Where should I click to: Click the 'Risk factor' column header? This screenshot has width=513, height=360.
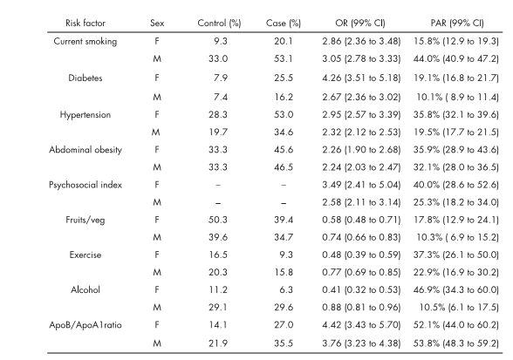click(85, 24)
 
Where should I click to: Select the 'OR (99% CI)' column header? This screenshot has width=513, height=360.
click(360, 24)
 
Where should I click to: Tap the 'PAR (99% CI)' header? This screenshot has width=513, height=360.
click(457, 24)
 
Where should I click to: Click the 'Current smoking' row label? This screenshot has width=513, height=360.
click(85, 42)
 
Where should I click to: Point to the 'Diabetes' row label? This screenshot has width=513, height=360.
click(85, 78)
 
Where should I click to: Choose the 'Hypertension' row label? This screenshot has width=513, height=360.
click(85, 115)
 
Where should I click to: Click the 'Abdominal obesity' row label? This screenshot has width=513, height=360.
click(85, 150)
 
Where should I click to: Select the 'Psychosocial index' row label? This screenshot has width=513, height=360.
click(85, 185)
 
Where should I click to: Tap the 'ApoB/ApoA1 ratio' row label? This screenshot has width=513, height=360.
click(85, 325)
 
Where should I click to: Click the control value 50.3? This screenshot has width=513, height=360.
click(218, 220)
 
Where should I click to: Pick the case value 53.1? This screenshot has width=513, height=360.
click(284, 59)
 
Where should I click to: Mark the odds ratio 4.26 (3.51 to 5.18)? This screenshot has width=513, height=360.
click(361, 78)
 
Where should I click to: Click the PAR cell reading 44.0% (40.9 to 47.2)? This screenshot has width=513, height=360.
click(456, 59)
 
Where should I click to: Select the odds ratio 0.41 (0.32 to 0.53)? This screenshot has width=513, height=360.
click(361, 290)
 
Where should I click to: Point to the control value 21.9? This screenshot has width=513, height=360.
click(218, 343)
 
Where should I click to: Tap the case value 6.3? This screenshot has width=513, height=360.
click(286, 290)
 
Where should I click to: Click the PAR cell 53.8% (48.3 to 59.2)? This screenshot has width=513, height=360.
click(456, 343)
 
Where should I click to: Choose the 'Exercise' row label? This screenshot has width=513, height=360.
click(85, 255)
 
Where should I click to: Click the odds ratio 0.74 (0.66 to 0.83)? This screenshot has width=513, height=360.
click(361, 237)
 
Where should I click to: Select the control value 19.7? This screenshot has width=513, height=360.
click(218, 132)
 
